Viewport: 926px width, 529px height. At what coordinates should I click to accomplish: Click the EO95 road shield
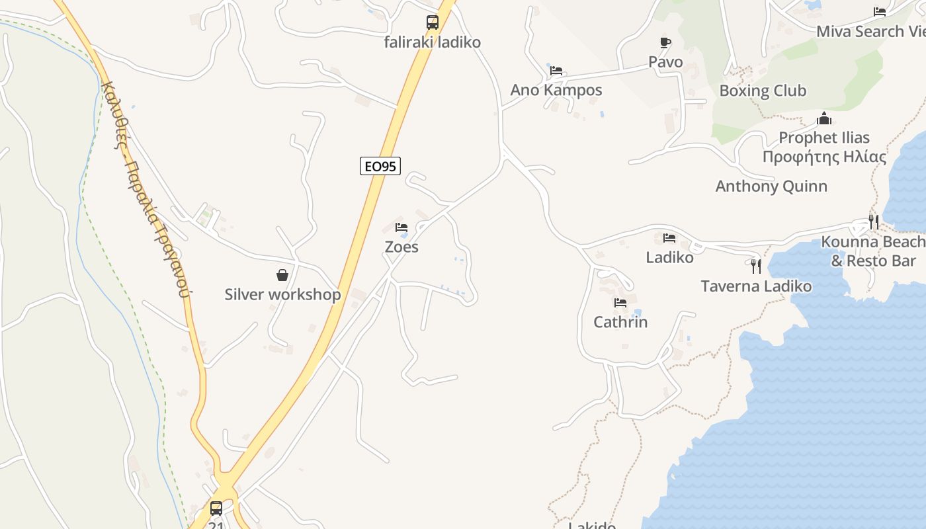pyautogui.click(x=380, y=166)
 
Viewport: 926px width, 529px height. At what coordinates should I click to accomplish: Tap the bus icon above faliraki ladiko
pyautogui.click(x=433, y=22)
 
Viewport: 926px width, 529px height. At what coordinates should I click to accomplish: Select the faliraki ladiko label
pyautogui.click(x=433, y=42)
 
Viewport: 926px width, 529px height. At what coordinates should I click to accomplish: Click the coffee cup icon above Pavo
pyautogui.click(x=665, y=43)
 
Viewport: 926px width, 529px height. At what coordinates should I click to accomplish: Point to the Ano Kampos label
pyautogui.click(x=556, y=90)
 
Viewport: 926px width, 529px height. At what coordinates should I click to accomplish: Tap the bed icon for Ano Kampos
pyautogui.click(x=556, y=70)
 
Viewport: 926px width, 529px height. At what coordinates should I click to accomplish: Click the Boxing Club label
pyautogui.click(x=763, y=91)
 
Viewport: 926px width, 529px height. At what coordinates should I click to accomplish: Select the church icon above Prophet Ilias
pyautogui.click(x=823, y=119)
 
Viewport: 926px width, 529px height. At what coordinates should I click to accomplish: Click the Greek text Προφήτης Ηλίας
pyautogui.click(x=824, y=157)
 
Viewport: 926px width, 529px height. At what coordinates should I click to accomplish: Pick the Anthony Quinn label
pyautogui.click(x=771, y=186)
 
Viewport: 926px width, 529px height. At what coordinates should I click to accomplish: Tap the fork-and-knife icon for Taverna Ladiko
pyautogui.click(x=756, y=266)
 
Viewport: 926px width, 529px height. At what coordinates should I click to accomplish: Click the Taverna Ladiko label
pyautogui.click(x=756, y=286)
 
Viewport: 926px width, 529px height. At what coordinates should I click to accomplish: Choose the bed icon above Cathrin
pyautogui.click(x=620, y=303)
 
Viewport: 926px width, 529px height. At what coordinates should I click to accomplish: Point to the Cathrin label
pyautogui.click(x=620, y=322)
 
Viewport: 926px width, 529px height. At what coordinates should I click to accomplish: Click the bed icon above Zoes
pyautogui.click(x=401, y=227)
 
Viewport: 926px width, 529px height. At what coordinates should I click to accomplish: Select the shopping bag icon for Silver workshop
pyautogui.click(x=282, y=275)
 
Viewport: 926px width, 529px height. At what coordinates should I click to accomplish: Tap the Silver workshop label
pyautogui.click(x=282, y=294)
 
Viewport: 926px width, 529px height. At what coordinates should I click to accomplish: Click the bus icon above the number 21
pyautogui.click(x=216, y=508)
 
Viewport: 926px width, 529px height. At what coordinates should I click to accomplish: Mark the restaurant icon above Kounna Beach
pyautogui.click(x=874, y=222)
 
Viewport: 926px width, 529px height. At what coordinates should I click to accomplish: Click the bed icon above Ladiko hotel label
pyautogui.click(x=669, y=238)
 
